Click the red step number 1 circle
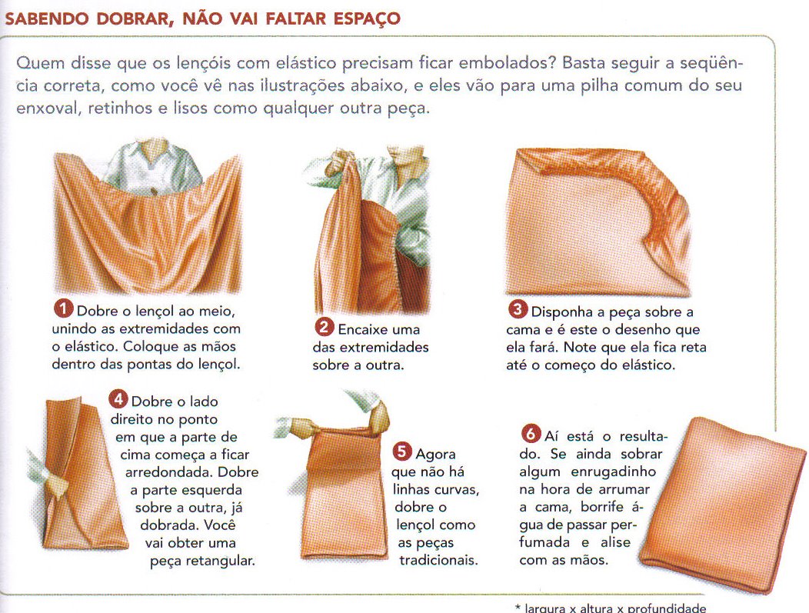point(63,309)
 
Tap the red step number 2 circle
point(324,328)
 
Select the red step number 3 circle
point(518,310)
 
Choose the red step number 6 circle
point(532,436)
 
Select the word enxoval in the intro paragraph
point(45,108)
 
